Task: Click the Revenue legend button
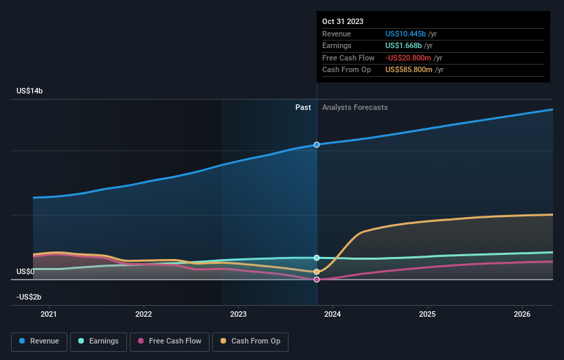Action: tap(39, 341)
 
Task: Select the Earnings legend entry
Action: tap(98, 341)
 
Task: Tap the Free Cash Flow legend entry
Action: tap(170, 341)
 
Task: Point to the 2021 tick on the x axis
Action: tap(49, 315)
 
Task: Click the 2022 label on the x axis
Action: tap(144, 315)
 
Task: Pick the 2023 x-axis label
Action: tap(238, 315)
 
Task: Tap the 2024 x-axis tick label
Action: tap(332, 315)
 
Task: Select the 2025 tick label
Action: tap(427, 315)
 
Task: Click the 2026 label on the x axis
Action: tap(522, 315)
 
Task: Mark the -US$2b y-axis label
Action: tap(30, 297)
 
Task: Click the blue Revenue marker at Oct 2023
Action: tap(317, 145)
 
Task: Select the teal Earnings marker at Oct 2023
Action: tap(317, 258)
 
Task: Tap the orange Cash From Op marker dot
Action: tap(317, 272)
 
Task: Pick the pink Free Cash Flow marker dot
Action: tap(317, 280)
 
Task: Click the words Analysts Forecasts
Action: tap(354, 108)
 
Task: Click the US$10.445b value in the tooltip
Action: tap(405, 34)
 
